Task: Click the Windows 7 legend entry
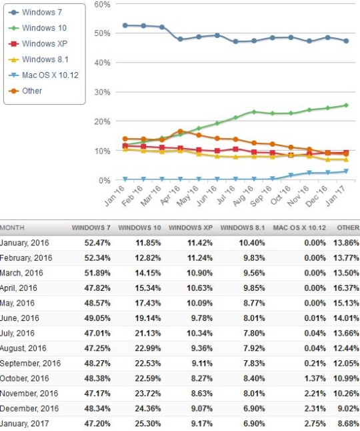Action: (x=35, y=13)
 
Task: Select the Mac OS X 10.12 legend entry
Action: (x=43, y=75)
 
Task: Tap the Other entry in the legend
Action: (x=25, y=91)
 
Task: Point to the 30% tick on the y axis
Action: (x=102, y=92)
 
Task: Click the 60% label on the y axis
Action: (x=102, y=4)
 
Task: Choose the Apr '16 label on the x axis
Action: (x=170, y=195)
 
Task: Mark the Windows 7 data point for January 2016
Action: (x=125, y=25)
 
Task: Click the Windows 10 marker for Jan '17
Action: (x=346, y=105)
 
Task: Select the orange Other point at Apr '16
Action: (x=181, y=131)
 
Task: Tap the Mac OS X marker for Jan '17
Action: (x=346, y=171)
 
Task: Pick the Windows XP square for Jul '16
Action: (x=235, y=149)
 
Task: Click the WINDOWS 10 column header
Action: (x=139, y=228)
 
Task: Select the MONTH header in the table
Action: (x=12, y=228)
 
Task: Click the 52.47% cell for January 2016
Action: (x=97, y=243)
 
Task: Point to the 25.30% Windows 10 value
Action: (x=148, y=424)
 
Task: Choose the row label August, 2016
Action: (x=23, y=348)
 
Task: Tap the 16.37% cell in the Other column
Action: (x=346, y=288)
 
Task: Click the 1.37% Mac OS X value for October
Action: (x=315, y=378)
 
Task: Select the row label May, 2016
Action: (x=17, y=303)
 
